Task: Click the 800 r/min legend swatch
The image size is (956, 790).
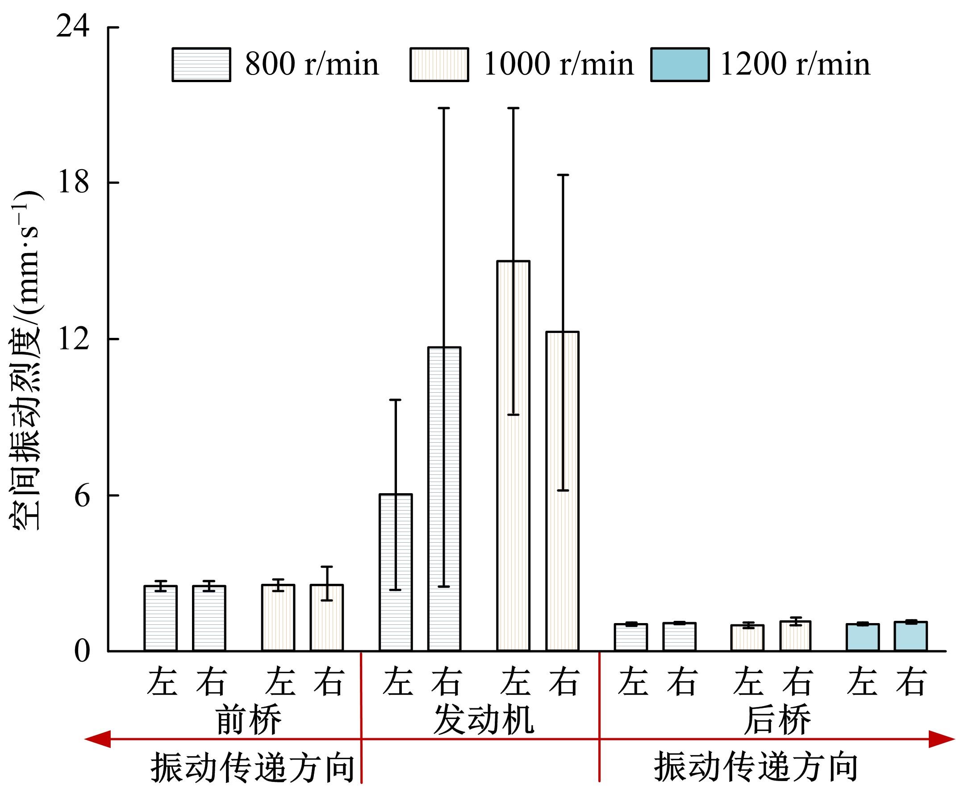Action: (201, 65)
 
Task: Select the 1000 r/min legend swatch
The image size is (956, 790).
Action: (439, 65)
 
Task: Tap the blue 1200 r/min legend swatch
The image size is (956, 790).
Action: (680, 65)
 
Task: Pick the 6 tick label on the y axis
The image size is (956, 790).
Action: (82, 496)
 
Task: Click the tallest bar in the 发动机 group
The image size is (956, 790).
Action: (513, 455)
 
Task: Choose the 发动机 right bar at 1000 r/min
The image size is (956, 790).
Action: (563, 491)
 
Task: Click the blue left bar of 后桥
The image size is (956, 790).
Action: (863, 637)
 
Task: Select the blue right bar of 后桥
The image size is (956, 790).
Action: (910, 636)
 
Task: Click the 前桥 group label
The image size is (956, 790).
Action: (249, 720)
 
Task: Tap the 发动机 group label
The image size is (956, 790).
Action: (484, 720)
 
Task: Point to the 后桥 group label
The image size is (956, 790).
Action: (777, 720)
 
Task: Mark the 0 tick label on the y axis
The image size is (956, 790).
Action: (82, 651)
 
